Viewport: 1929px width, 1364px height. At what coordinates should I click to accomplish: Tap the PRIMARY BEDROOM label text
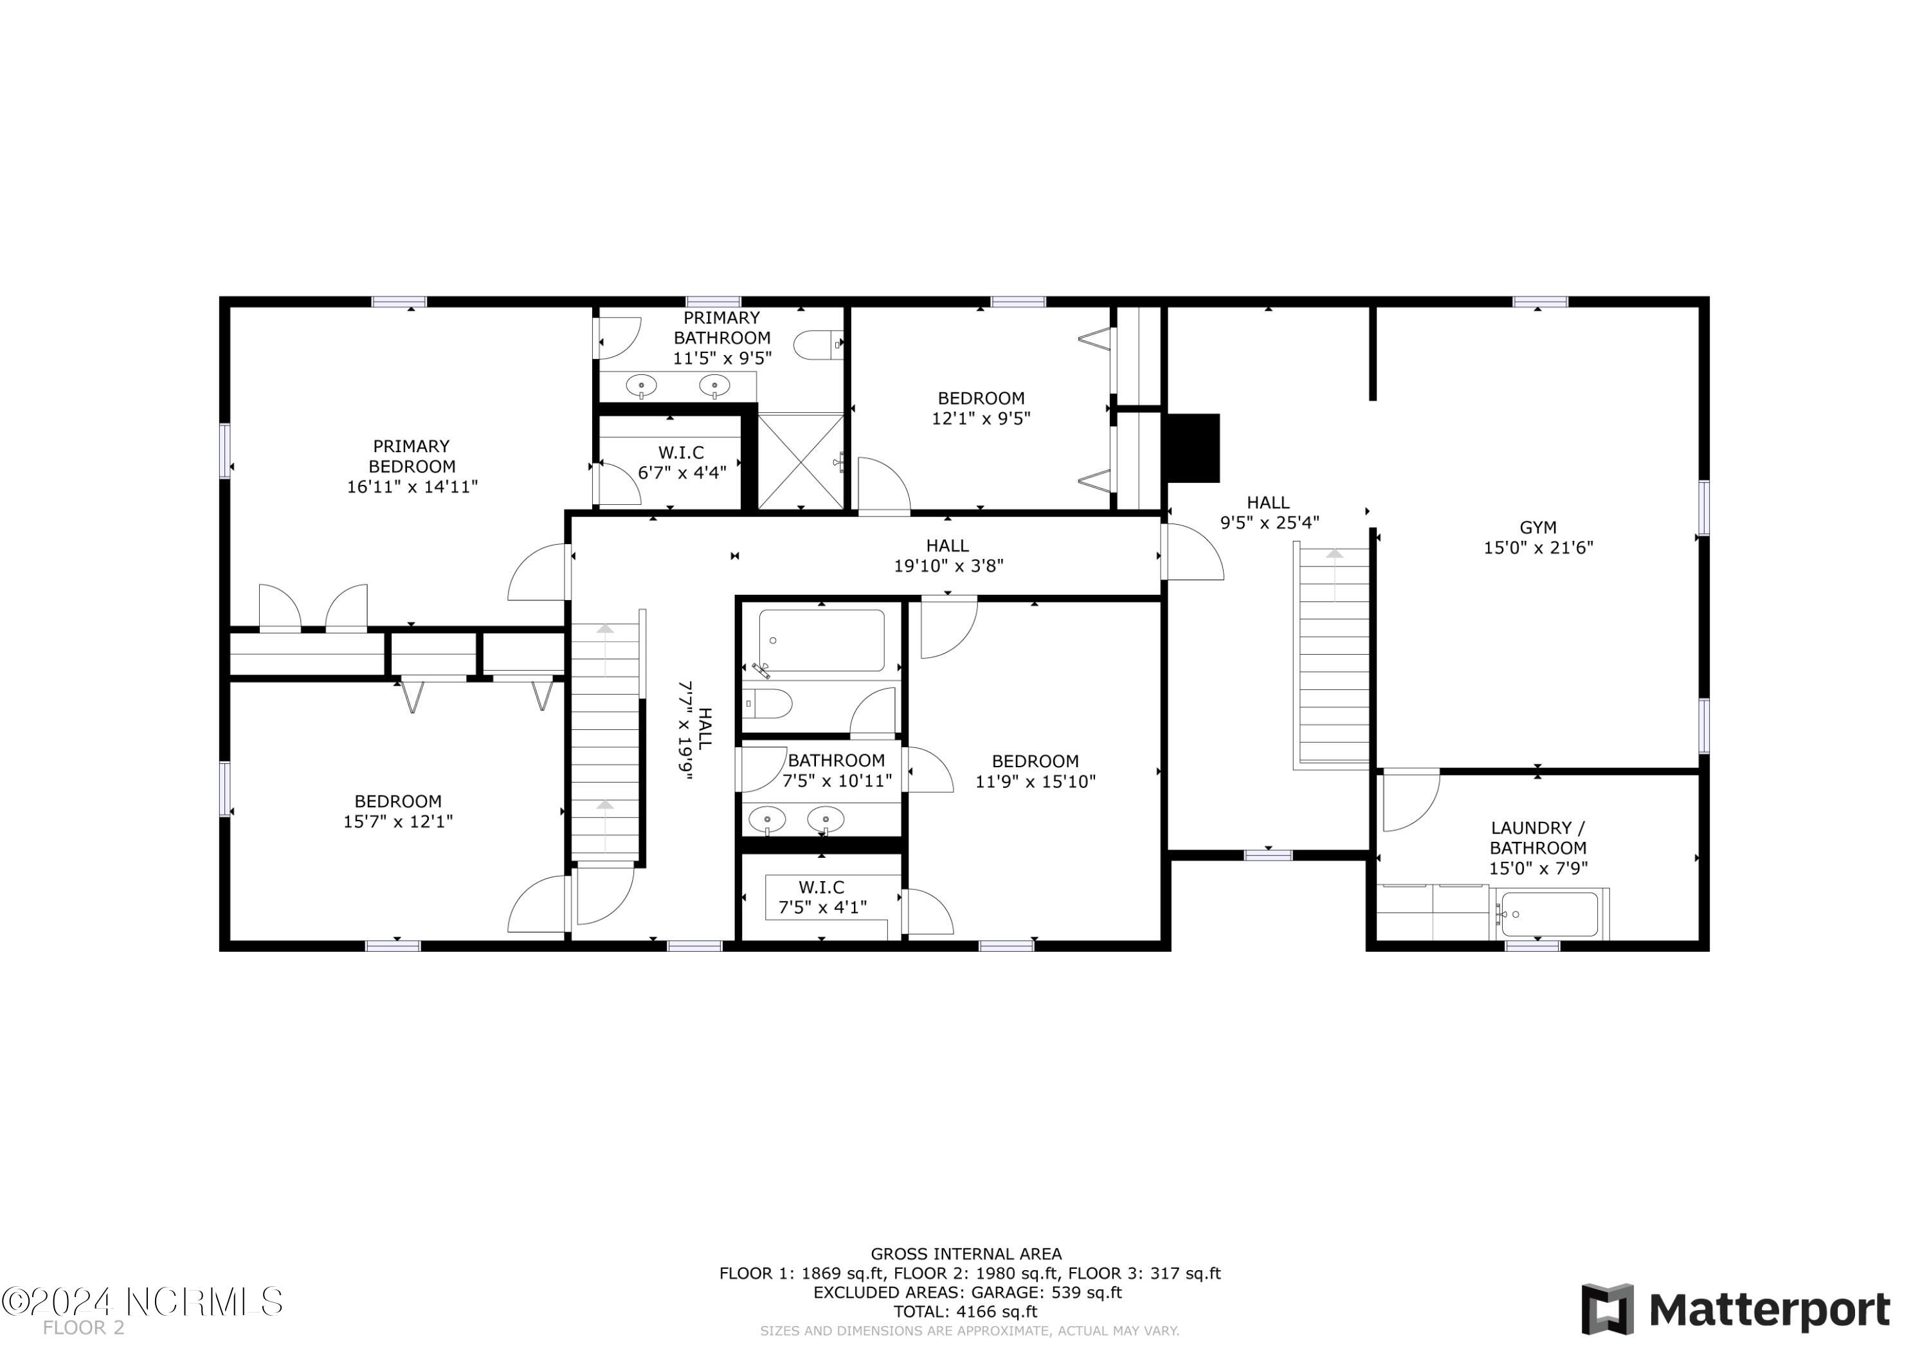pos(412,457)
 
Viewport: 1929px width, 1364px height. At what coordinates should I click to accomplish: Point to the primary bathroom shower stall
pos(801,460)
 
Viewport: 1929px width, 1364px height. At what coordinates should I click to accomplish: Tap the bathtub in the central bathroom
pos(822,641)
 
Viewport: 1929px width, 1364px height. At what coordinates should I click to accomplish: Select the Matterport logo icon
pos(1607,1309)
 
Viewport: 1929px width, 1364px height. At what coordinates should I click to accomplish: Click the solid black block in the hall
pos(1194,448)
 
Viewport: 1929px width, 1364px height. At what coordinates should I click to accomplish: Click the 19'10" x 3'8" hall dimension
pos(948,567)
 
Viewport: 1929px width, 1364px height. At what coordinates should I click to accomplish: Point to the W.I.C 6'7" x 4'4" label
pos(682,463)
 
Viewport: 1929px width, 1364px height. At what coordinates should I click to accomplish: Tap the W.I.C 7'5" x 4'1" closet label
pos(822,898)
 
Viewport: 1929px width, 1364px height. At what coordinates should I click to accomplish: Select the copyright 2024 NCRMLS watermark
pos(143,1302)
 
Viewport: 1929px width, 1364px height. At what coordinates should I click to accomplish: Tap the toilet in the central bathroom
pos(767,704)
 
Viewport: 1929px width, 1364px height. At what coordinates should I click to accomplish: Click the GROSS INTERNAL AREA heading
pos(966,1255)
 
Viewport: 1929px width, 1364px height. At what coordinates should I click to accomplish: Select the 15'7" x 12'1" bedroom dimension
pos(398,821)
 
